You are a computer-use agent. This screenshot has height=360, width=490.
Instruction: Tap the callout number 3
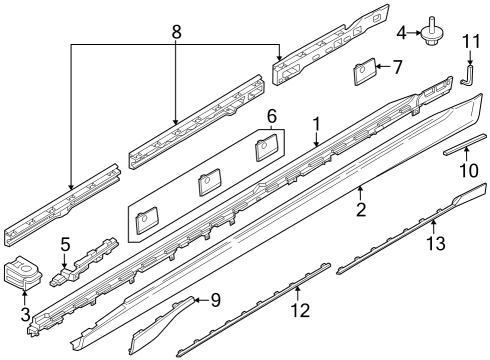[24, 315]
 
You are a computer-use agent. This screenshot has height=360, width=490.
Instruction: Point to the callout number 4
[403, 34]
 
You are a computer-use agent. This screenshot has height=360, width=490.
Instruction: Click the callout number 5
[65, 243]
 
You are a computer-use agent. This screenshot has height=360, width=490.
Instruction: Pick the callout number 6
[270, 117]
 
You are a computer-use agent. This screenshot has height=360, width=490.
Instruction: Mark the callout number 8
[176, 31]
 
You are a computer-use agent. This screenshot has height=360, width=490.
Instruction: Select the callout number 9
[216, 299]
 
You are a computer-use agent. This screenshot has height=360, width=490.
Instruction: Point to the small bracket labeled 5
[90, 257]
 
